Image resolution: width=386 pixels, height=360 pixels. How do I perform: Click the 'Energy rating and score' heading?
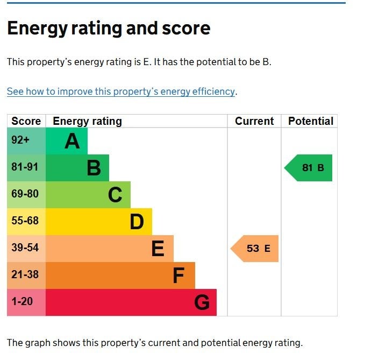click(x=109, y=29)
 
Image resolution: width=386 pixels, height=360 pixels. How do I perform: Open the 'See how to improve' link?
click(x=121, y=91)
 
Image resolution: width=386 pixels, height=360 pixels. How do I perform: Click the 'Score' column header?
click(x=26, y=121)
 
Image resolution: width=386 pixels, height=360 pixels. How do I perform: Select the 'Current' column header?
click(x=254, y=121)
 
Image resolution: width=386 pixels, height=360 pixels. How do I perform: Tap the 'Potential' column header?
click(x=311, y=121)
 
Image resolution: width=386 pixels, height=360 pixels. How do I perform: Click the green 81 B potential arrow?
click(x=309, y=168)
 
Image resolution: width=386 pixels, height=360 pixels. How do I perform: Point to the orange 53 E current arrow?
click(x=255, y=249)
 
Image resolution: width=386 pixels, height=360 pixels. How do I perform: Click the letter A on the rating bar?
click(x=72, y=142)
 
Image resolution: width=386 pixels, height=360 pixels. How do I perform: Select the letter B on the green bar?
click(x=94, y=168)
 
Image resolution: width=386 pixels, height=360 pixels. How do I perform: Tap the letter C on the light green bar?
click(x=115, y=195)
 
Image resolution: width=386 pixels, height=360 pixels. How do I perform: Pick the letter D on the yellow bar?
click(x=137, y=222)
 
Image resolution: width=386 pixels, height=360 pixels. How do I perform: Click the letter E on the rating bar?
click(x=158, y=249)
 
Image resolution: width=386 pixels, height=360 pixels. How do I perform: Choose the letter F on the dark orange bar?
click(x=179, y=276)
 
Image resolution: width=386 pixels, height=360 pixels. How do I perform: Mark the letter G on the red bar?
click(x=202, y=303)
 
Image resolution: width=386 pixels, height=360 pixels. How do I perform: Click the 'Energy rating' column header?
click(x=87, y=121)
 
